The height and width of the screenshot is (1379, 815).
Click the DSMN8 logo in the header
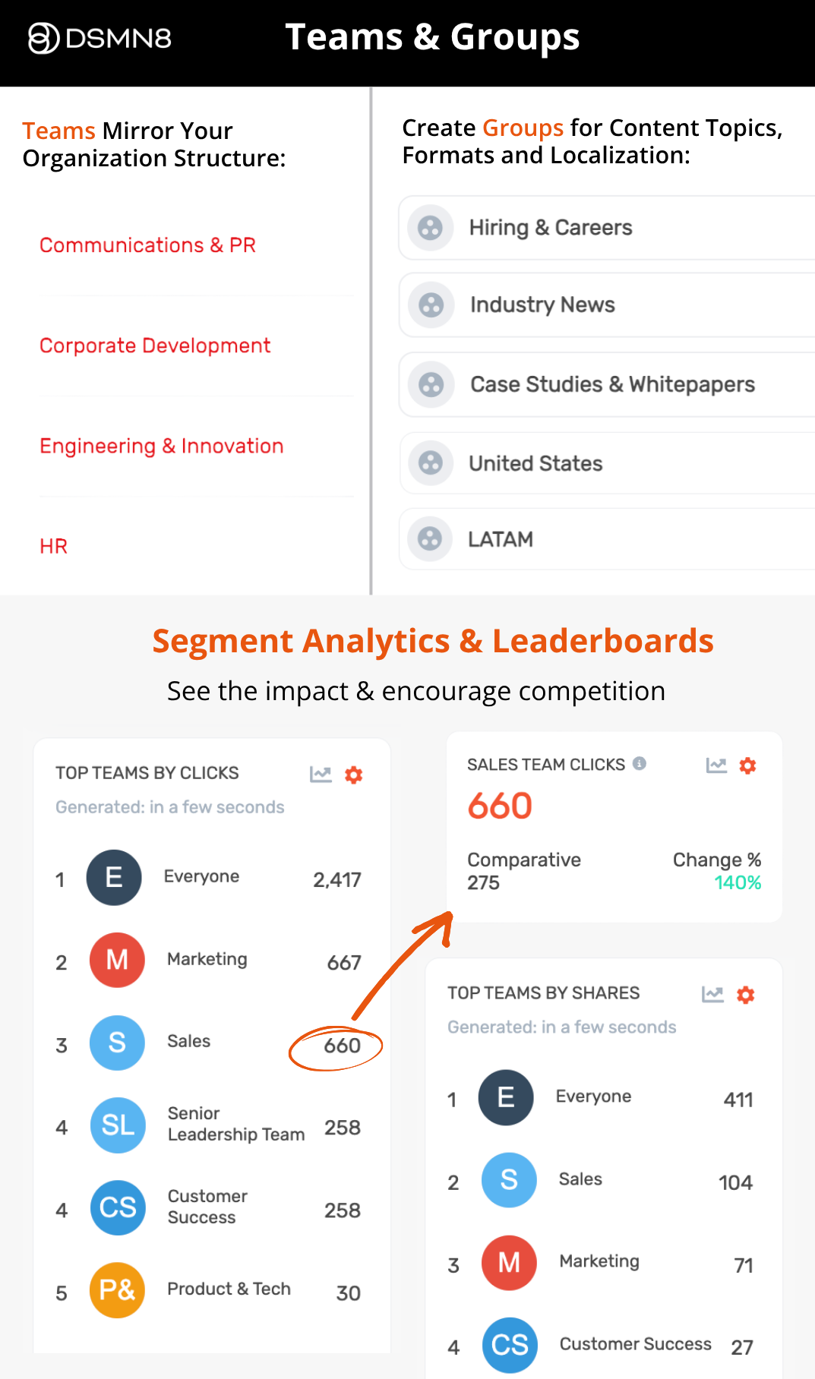100,38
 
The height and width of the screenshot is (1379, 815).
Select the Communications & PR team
147,245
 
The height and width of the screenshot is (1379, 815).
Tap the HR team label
53,546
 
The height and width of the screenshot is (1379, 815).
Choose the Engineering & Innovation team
161,446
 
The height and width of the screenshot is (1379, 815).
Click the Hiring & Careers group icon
430,228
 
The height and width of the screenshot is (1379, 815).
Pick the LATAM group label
500,539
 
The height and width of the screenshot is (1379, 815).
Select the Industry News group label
542,305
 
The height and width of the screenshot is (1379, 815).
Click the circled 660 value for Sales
342,1046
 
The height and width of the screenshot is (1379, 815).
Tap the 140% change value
737,883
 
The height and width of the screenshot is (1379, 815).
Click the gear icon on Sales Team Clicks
747,765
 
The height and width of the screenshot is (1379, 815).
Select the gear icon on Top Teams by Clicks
353,775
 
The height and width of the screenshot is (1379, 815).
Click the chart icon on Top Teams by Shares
712,994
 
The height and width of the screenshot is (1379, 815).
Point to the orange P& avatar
117,1289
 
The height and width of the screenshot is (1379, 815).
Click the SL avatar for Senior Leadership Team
118,1125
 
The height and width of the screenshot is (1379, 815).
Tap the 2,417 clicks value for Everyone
336,880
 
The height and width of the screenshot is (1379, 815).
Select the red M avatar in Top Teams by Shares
509,1262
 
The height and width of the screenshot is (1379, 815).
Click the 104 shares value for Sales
735,1182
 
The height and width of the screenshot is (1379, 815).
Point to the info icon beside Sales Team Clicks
640,763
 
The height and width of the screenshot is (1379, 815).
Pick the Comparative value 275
483,883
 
